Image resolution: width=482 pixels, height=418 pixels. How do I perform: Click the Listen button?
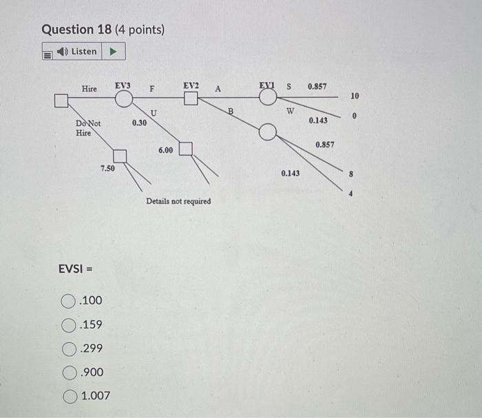click(x=83, y=52)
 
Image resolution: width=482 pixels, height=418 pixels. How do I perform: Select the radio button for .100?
click(x=68, y=301)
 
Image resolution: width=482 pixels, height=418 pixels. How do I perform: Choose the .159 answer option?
click(x=68, y=324)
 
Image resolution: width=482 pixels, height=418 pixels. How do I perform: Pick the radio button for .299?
click(x=68, y=348)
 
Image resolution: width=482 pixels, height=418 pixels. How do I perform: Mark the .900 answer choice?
click(x=68, y=373)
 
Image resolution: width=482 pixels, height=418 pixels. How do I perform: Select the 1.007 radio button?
click(x=68, y=396)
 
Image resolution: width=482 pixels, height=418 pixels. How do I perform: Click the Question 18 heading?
click(x=103, y=30)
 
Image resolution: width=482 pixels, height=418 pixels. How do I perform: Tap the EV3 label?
click(x=123, y=85)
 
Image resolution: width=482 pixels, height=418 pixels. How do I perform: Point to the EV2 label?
click(x=191, y=85)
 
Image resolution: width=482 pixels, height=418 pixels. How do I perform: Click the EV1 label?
click(x=267, y=85)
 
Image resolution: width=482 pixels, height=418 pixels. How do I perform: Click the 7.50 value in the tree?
click(x=107, y=167)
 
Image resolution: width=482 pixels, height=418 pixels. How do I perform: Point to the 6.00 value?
click(x=165, y=149)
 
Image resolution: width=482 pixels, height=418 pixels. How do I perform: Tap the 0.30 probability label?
click(x=138, y=123)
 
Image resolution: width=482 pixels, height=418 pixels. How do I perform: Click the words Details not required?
click(x=178, y=201)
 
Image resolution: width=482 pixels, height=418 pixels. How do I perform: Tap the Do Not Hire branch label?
click(x=87, y=128)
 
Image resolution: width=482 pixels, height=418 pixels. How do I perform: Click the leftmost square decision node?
click(x=61, y=101)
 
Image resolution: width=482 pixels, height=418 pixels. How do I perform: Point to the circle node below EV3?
click(x=123, y=100)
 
